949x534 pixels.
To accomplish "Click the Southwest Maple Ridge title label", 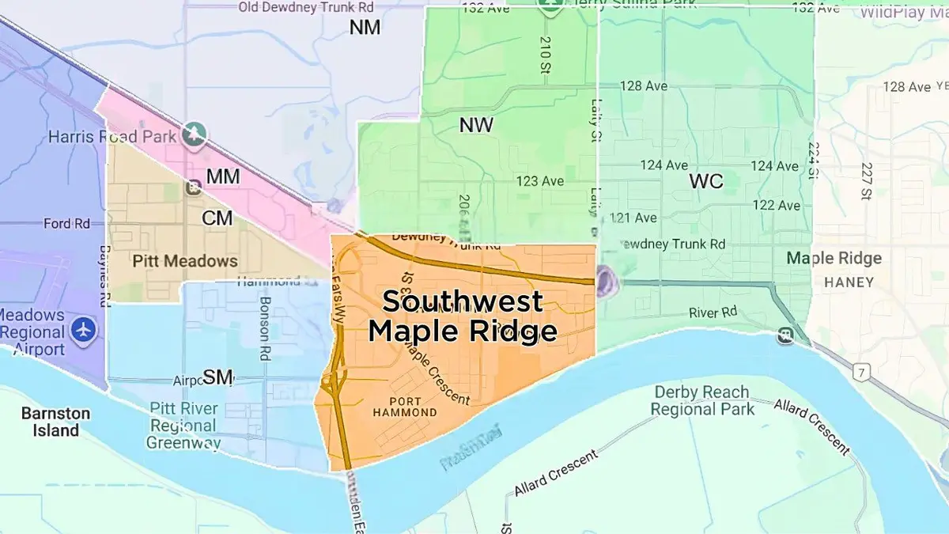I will [463, 316].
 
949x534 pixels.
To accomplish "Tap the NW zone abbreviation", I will [476, 125].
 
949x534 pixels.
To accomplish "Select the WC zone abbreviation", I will [705, 181].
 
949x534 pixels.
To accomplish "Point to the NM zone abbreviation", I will [365, 28].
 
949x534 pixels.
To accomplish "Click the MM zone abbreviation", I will [222, 176].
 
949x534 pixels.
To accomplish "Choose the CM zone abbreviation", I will [217, 218].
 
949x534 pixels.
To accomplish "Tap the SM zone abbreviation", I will [217, 377].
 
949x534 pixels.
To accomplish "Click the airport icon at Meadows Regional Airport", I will [82, 329].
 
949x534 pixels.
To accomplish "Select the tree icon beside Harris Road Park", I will [192, 135].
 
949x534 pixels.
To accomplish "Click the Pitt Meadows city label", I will [184, 260].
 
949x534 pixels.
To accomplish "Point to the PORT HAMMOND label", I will [402, 407].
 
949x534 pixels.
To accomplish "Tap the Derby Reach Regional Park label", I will [701, 400].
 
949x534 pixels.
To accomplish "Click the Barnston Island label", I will [55, 422].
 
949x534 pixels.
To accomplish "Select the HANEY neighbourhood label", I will [849, 282].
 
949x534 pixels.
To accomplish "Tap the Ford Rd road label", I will [67, 224].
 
